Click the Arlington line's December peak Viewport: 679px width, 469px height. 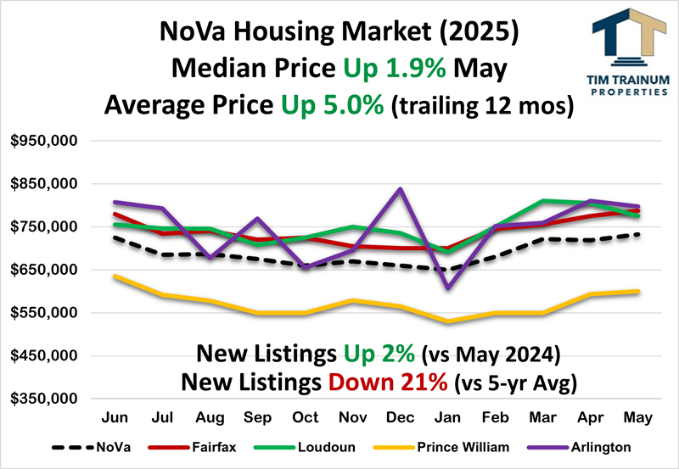pos(399,189)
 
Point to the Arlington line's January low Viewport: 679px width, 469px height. pos(446,288)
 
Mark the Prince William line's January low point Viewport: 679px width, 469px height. pos(446,321)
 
